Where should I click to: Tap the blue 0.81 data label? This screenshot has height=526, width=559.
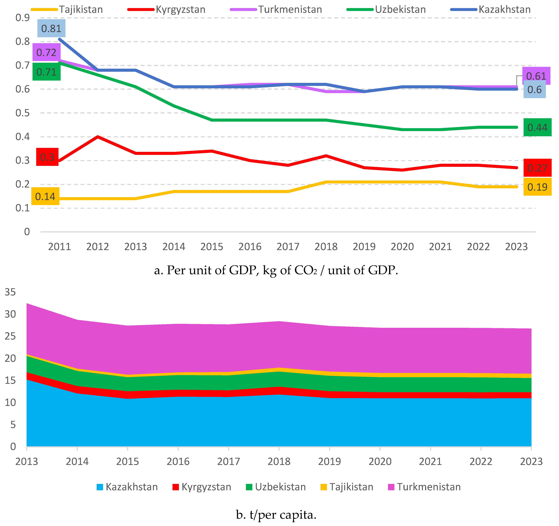51,28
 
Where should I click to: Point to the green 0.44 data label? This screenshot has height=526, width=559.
537,128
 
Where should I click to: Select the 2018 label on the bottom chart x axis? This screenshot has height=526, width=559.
279,461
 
